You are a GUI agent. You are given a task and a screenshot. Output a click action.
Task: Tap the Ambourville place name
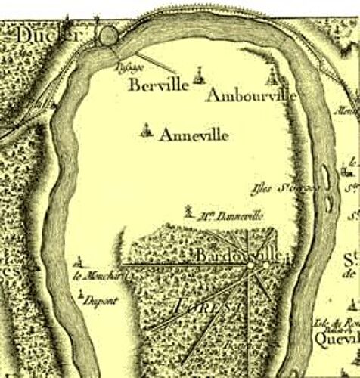[x=250, y=98]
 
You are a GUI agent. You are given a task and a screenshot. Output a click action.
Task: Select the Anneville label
[x=194, y=136]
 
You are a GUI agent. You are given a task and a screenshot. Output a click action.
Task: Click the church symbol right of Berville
[x=198, y=74]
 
